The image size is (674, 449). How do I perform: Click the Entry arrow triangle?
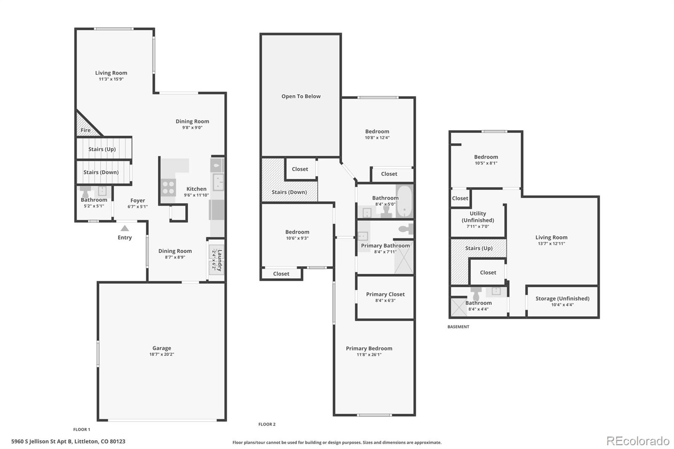125,228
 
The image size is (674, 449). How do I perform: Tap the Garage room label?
162,348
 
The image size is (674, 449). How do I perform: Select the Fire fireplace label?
86,130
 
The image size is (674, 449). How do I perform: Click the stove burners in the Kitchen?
168,187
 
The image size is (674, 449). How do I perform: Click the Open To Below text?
301,96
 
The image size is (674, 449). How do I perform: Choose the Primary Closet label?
385,294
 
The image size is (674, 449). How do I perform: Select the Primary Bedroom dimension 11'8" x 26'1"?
369,355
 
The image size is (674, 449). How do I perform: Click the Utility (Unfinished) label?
478,217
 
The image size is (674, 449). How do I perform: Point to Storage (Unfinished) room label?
562,299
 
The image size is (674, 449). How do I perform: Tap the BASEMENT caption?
458,327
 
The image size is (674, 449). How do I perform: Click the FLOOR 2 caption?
267,424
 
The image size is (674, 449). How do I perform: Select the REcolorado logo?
637,441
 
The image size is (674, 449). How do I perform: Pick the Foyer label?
137,200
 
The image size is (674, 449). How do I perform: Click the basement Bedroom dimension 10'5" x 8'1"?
486,163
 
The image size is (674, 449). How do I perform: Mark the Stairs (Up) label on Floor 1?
102,149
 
